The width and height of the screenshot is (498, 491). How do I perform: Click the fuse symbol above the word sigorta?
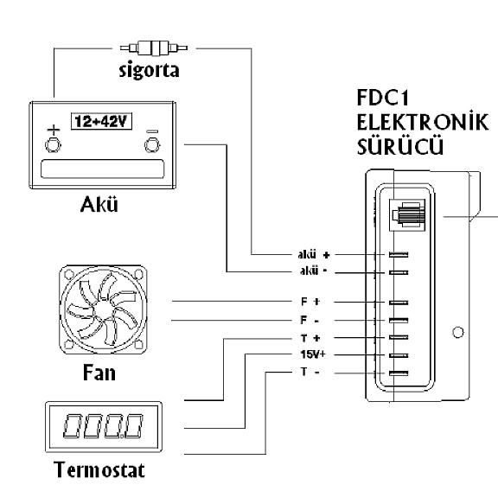154,48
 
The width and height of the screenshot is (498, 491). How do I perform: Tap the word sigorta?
149,70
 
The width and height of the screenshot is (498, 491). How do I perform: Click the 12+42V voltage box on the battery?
101,121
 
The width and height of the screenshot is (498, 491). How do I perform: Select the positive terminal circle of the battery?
53,145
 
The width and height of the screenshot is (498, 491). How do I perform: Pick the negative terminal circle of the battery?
152,145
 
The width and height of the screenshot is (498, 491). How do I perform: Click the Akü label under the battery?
99,204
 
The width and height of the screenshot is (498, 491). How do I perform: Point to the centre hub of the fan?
103,309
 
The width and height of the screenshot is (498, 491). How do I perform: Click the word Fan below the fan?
99,373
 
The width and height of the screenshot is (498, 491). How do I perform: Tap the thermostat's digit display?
104,426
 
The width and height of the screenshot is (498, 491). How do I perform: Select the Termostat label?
99,469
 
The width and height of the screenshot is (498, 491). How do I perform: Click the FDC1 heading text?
383,98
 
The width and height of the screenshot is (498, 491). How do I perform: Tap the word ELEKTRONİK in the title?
423,121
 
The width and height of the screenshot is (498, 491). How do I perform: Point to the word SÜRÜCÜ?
399,146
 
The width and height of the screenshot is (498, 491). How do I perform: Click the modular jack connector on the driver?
407,214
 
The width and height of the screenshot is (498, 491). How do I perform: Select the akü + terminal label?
314,254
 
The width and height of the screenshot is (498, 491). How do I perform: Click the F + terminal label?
310,302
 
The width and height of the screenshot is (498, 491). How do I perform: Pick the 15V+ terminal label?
313,354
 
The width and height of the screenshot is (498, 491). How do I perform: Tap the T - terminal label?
310,372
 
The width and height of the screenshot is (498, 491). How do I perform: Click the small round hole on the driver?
457,333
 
